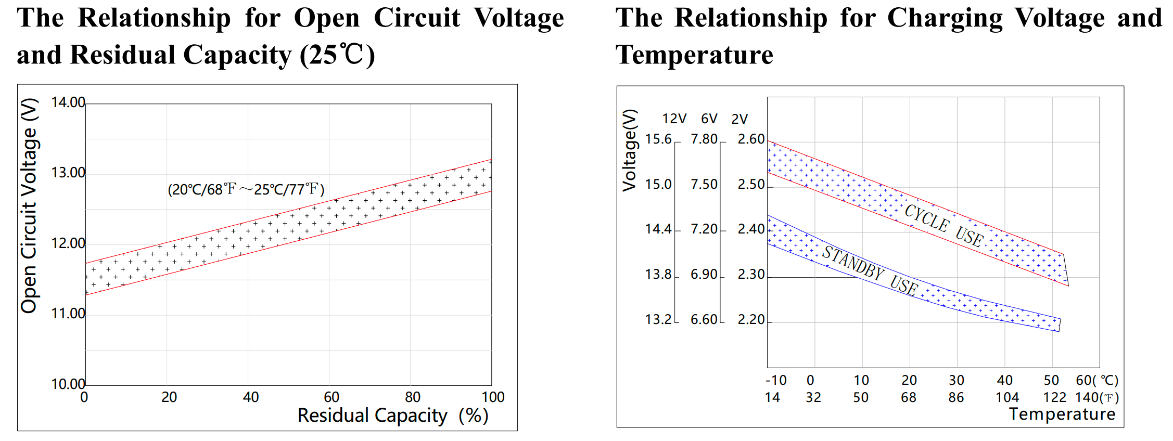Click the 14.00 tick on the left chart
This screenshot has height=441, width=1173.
pyautogui.click(x=68, y=102)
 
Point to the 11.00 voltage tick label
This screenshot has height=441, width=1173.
pyautogui.click(x=68, y=314)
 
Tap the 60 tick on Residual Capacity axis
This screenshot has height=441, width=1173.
pyautogui.click(x=331, y=397)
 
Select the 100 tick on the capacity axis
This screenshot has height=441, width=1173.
pyautogui.click(x=493, y=397)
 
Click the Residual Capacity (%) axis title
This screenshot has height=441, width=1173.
pyautogui.click(x=393, y=416)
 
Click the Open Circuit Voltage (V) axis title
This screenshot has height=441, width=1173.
pyautogui.click(x=29, y=205)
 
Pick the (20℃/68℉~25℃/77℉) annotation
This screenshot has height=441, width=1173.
pyautogui.click(x=246, y=189)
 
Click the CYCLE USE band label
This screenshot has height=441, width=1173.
pyautogui.click(x=944, y=225)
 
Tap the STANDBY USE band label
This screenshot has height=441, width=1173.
pyautogui.click(x=871, y=270)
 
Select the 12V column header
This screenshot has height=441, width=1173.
pyautogui.click(x=674, y=119)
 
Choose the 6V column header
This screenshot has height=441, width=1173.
pyautogui.click(x=709, y=119)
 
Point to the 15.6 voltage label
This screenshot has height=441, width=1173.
pyautogui.click(x=658, y=139)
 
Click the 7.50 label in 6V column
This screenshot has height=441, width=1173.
pyautogui.click(x=704, y=185)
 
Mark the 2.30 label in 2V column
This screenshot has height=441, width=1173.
pyautogui.click(x=751, y=275)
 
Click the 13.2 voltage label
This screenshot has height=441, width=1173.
pyautogui.click(x=658, y=319)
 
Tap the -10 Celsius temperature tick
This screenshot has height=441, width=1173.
pyautogui.click(x=776, y=380)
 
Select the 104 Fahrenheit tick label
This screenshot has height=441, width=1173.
pyautogui.click(x=1007, y=398)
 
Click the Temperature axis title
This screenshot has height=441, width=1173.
pyautogui.click(x=1062, y=414)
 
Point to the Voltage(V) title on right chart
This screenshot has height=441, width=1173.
pyautogui.click(x=630, y=150)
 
